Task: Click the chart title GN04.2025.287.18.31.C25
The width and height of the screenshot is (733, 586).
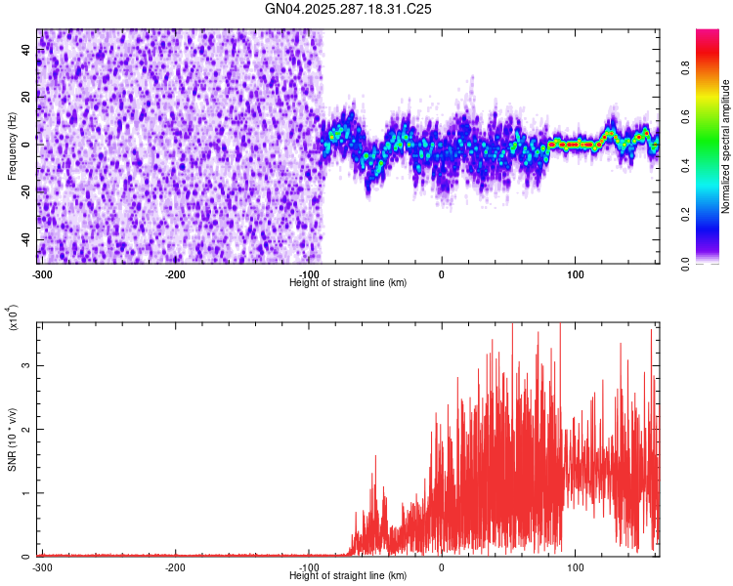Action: pos(349,9)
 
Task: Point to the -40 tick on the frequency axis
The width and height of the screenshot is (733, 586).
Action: pos(25,239)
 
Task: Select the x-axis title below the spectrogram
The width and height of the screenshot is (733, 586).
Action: pos(349,282)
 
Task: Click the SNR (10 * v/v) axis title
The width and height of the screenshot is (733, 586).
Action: pos(12,439)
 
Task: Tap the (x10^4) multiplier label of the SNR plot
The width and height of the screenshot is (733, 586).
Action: pos(12,317)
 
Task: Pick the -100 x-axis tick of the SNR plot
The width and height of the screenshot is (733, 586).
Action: pos(309,567)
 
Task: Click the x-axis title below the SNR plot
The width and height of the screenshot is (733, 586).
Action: pos(349,576)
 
